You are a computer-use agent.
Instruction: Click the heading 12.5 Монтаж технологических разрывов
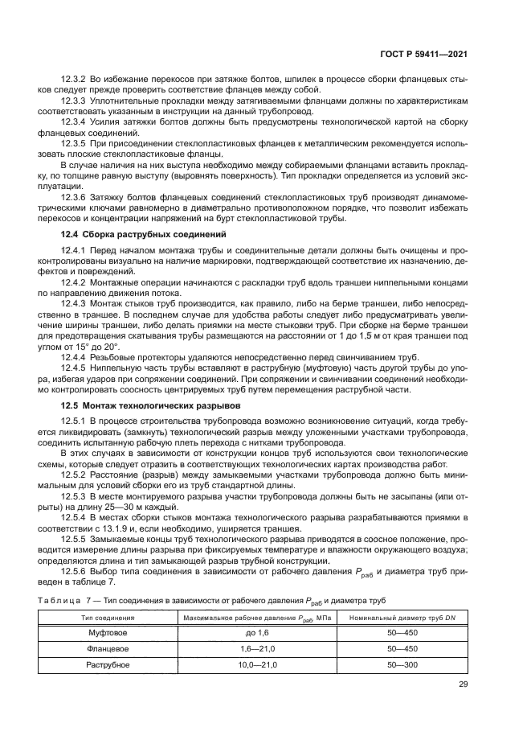pyautogui.click(x=152, y=406)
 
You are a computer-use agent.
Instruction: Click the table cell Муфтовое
pyautogui.click(x=107, y=634)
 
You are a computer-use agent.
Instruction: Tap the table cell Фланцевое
pyautogui.click(x=107, y=650)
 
